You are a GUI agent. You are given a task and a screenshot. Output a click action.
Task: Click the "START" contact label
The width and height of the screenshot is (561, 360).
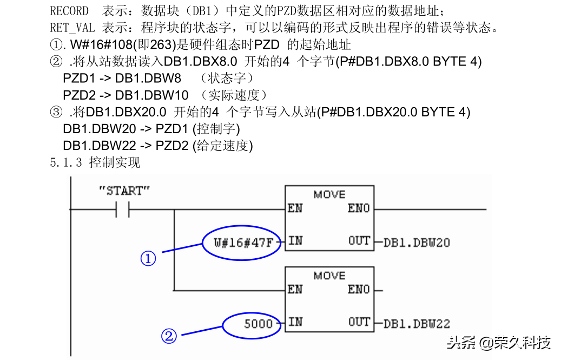coord(124,191)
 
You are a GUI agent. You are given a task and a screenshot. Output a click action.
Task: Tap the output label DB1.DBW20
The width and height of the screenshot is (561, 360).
coord(416,243)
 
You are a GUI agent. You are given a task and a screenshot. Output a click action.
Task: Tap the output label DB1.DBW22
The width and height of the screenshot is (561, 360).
coord(416,324)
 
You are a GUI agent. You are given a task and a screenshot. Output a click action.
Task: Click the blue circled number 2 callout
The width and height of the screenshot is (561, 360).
coord(169,337)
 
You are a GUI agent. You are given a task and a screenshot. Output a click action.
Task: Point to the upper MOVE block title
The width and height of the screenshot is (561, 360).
coord(329,194)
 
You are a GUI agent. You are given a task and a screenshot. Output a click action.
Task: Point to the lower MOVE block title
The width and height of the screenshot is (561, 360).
coord(329,276)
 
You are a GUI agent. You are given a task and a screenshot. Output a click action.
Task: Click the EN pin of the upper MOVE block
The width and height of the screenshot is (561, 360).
coord(295,208)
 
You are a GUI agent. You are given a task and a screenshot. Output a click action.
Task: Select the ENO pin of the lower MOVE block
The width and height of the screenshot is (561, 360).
coord(359,290)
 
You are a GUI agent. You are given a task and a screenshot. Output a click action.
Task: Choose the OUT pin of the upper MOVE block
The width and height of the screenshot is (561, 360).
coord(359,241)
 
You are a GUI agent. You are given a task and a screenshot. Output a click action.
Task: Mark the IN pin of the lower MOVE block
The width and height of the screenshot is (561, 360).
coord(295,322)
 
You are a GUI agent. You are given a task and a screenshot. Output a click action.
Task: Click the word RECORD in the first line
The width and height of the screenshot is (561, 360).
coord(69,10)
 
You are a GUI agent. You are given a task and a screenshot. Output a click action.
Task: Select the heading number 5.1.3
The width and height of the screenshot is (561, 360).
coord(66,162)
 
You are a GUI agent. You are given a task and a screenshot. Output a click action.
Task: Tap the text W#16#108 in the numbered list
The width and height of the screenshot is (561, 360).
coord(95,44)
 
